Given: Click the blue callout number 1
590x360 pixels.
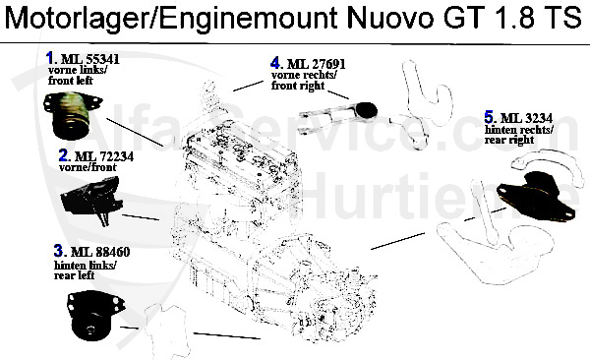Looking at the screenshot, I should [50, 59].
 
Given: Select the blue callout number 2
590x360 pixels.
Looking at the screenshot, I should [64, 155].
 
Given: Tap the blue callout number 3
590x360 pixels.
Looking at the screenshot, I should [59, 250].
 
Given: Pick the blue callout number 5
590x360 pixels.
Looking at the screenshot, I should [489, 116].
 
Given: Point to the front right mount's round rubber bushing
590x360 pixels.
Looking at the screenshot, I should [368, 111].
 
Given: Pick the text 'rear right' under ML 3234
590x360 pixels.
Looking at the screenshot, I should [509, 141].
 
